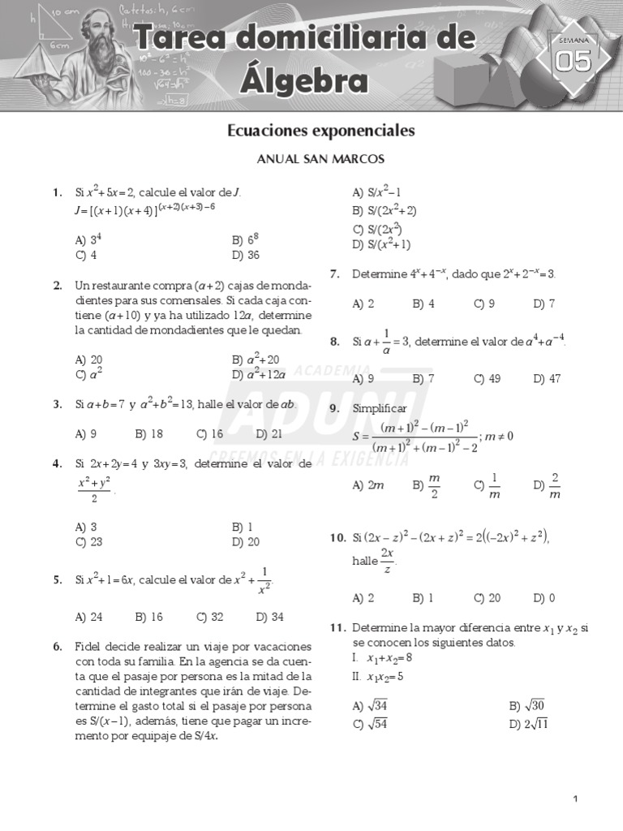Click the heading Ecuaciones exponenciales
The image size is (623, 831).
(x=320, y=131)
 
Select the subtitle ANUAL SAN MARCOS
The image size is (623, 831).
(x=320, y=159)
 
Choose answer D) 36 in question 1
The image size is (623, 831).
(x=245, y=255)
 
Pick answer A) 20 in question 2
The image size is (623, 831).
(x=88, y=359)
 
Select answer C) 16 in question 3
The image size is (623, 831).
(x=209, y=434)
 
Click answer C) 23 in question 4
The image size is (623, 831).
(x=88, y=542)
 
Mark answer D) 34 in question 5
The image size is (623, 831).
(x=269, y=617)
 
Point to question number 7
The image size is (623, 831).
(x=334, y=274)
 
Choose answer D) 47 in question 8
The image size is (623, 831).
(x=548, y=378)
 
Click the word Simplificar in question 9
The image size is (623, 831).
(x=380, y=409)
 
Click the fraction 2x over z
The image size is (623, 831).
(x=388, y=560)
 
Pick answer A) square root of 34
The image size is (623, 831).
(x=370, y=705)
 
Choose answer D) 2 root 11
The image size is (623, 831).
(x=528, y=725)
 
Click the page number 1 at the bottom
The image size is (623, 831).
(x=575, y=799)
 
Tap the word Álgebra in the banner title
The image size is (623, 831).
(x=302, y=81)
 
